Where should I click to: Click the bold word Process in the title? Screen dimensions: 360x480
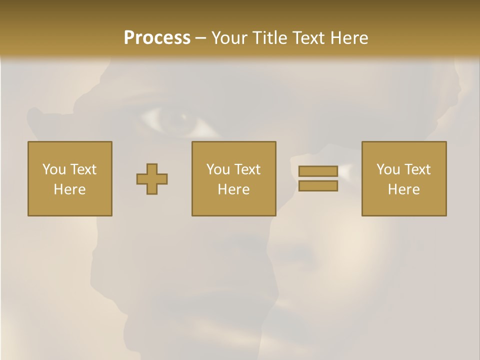pyautogui.click(x=157, y=37)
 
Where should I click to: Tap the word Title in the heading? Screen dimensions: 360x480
pyautogui.click(x=270, y=37)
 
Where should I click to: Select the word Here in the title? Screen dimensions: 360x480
pyautogui.click(x=349, y=37)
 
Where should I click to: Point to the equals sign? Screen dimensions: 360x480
pyautogui.click(x=318, y=178)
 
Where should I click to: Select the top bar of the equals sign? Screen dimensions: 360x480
pyautogui.click(x=318, y=171)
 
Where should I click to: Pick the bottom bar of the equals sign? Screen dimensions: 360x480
pyautogui.click(x=318, y=186)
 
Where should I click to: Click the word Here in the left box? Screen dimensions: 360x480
pyautogui.click(x=69, y=189)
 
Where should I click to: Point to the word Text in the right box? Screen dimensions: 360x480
pyautogui.click(x=418, y=169)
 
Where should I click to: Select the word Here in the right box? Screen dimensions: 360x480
pyautogui.click(x=403, y=189)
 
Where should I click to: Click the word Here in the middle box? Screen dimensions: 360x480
pyautogui.click(x=233, y=189)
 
